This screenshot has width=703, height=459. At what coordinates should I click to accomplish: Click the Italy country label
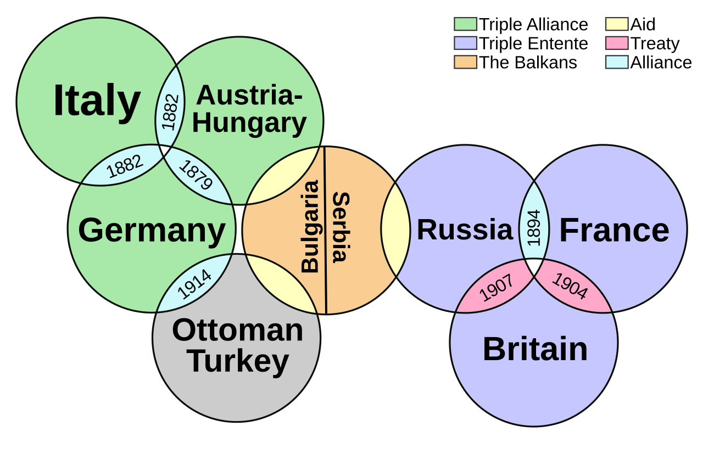[x=97, y=102]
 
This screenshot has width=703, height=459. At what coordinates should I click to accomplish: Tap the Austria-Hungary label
[x=249, y=110]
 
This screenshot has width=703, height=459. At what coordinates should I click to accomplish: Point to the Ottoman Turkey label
[x=237, y=346]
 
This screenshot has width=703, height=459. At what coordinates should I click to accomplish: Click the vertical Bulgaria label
[x=310, y=226]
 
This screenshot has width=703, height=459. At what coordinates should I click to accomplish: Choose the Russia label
[x=465, y=229]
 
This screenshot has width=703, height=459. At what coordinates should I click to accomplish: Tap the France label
[x=614, y=231]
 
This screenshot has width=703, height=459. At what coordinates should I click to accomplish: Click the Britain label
[x=535, y=349]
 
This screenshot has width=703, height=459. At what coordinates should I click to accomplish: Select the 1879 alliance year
[x=196, y=175]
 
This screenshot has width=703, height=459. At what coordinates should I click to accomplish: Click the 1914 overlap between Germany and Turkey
[x=194, y=283]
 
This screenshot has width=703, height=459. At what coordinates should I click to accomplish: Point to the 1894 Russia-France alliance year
[x=534, y=227]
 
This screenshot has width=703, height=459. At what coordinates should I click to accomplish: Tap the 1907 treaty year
[x=496, y=288]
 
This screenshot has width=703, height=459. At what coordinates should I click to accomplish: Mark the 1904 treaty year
[x=570, y=287]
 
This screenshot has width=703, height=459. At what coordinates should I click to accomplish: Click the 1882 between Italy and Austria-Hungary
[x=170, y=112]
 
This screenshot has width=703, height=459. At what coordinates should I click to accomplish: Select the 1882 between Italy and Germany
[x=125, y=166]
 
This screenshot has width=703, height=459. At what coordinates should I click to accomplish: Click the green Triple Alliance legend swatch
[x=465, y=25]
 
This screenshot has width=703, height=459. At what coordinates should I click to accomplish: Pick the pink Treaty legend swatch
[x=617, y=43]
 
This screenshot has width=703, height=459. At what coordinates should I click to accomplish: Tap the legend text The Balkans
[x=528, y=63]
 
